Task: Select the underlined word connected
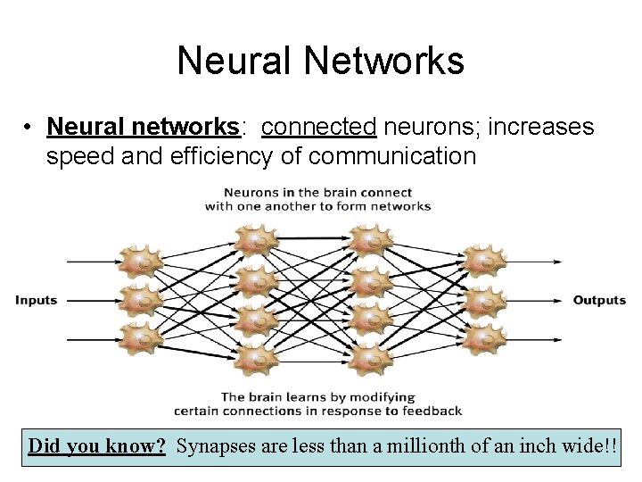click(x=319, y=128)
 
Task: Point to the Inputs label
click(x=36, y=300)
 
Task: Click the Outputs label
click(x=599, y=300)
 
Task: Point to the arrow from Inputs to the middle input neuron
click(x=89, y=300)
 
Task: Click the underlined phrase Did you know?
click(x=96, y=445)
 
